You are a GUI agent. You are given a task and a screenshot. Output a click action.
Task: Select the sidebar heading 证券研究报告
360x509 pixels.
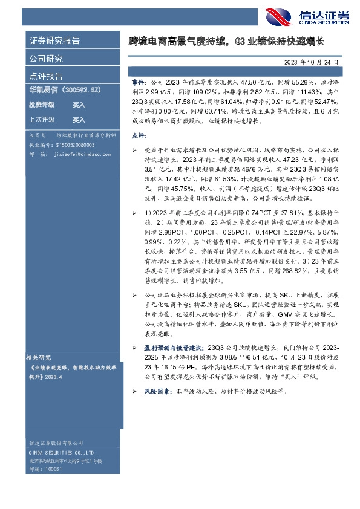point(54,41)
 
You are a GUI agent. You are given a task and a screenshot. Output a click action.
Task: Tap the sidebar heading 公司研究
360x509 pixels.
point(46,59)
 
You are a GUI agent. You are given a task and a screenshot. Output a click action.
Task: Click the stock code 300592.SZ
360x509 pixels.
point(81,89)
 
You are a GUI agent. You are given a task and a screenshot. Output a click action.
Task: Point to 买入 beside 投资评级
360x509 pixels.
point(79,105)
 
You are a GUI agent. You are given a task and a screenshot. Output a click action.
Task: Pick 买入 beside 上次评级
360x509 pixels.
point(79,120)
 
